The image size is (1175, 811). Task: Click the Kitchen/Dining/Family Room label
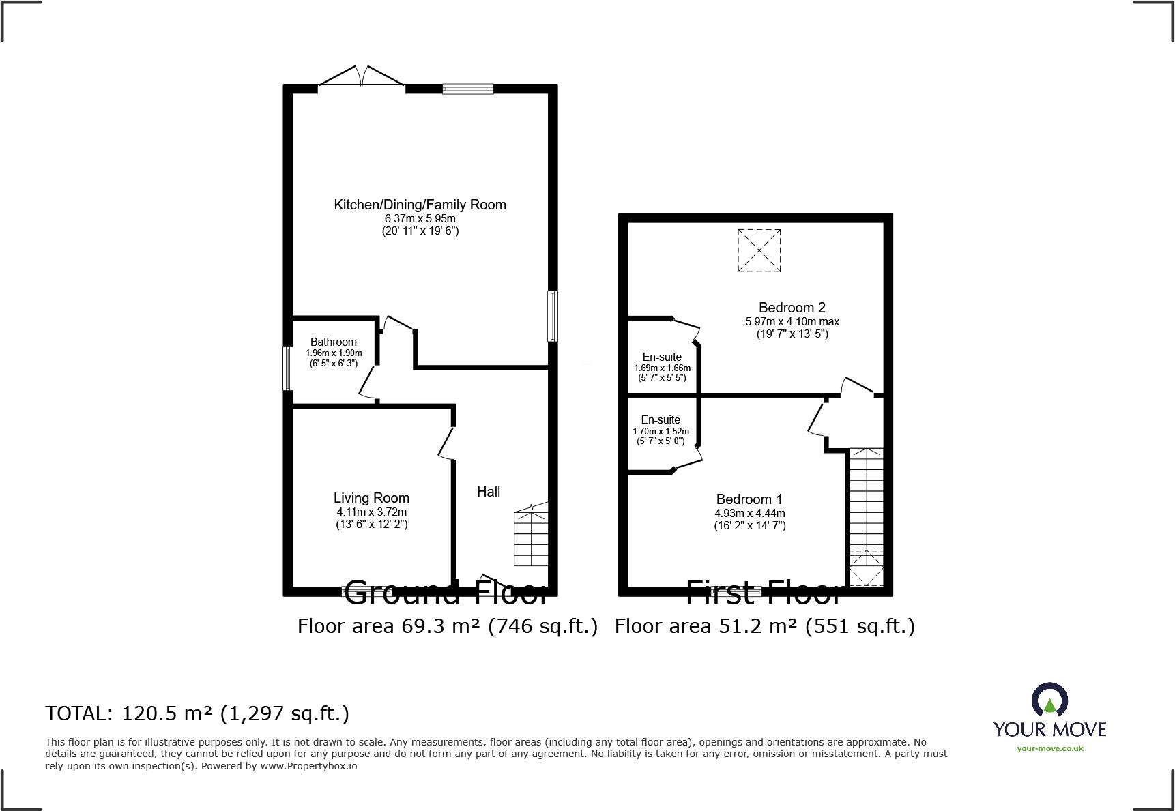pyautogui.click(x=420, y=205)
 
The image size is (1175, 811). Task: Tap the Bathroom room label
pyautogui.click(x=333, y=342)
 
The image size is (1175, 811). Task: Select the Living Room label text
pyautogui.click(x=371, y=498)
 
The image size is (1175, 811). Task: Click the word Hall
pyautogui.click(x=489, y=492)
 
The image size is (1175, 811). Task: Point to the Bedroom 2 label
pyautogui.click(x=792, y=308)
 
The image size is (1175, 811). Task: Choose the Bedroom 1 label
pyautogui.click(x=749, y=499)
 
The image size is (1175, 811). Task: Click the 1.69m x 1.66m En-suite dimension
pyautogui.click(x=662, y=368)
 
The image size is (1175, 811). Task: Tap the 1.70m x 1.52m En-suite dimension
pyautogui.click(x=661, y=431)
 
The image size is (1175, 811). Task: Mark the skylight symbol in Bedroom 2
pyautogui.click(x=759, y=250)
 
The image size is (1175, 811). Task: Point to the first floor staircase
pyautogui.click(x=866, y=498)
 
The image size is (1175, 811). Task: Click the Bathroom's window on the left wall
pyautogui.click(x=288, y=368)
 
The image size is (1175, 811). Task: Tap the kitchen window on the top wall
pyautogui.click(x=467, y=88)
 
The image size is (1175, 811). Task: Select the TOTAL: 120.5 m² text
pyautogui.click(x=197, y=713)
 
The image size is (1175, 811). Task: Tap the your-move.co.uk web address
pyautogui.click(x=1049, y=748)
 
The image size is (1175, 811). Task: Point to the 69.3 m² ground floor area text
pyautogui.click(x=447, y=626)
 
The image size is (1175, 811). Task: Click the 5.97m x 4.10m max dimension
pyautogui.click(x=792, y=321)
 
